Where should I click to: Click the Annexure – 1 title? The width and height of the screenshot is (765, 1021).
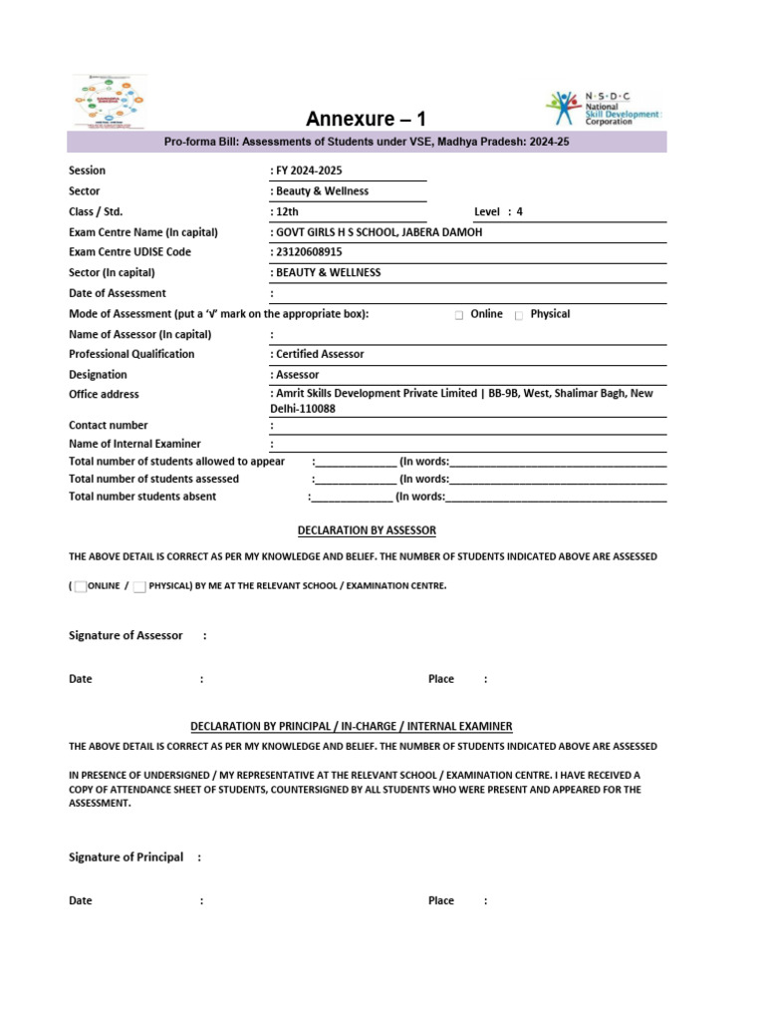click(x=365, y=120)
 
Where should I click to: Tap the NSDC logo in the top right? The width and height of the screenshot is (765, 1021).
click(x=602, y=107)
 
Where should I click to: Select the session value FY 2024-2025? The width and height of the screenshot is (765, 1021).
click(x=309, y=170)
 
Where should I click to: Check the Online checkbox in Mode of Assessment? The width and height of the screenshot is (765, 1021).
click(x=459, y=315)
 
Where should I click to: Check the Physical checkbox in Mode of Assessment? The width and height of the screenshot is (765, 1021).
click(x=519, y=315)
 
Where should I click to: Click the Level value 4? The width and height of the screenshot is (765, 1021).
click(x=519, y=211)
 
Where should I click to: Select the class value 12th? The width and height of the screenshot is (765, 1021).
click(x=287, y=211)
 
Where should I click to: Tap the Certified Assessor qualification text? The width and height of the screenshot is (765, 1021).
click(x=320, y=354)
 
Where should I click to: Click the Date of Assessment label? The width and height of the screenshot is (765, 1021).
click(x=118, y=293)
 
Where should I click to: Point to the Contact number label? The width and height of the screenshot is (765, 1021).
click(x=109, y=425)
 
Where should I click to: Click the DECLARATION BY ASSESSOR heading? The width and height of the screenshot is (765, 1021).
click(x=367, y=530)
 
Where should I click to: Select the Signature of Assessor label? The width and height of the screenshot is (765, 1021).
click(x=126, y=635)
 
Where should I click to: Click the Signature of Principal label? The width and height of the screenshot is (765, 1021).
click(x=126, y=856)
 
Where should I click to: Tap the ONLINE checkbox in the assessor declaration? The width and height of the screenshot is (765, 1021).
click(x=81, y=586)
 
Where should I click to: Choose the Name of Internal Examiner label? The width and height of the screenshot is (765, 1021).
click(x=134, y=444)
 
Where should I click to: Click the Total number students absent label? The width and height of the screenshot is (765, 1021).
click(x=142, y=497)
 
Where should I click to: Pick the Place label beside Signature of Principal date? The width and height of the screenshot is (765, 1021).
click(x=440, y=900)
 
